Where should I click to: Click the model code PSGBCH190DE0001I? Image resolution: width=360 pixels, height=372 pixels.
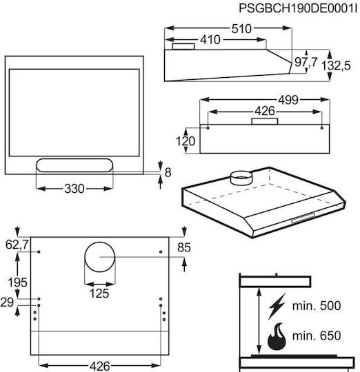point(298,8)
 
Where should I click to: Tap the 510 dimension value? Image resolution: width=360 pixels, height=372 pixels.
point(241,29)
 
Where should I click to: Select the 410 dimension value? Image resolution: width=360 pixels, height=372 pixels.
point(210,40)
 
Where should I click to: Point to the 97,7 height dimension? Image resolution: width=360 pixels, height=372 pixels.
point(306,62)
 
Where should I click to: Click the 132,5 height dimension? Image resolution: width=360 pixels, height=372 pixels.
point(336,65)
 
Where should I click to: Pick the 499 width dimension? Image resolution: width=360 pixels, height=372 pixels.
point(288,100)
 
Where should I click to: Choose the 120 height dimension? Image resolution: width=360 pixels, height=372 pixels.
point(186,141)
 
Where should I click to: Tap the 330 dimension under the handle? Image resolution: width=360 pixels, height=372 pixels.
point(74,189)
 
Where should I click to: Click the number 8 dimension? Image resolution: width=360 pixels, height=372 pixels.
point(168,172)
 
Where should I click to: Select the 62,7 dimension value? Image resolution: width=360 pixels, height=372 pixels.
point(17,245)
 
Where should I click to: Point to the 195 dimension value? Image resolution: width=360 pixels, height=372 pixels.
point(17,282)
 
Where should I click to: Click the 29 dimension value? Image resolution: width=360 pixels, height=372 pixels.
point(7,302)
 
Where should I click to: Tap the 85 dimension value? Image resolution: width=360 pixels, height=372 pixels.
point(184,248)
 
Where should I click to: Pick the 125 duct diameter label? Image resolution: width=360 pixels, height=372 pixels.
point(99,293)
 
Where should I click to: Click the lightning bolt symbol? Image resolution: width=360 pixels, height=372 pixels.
point(277,307)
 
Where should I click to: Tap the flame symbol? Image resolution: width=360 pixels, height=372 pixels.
point(277,336)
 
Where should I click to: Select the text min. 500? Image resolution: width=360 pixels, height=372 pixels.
point(317,306)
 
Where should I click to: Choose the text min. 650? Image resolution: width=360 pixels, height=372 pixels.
point(317,335)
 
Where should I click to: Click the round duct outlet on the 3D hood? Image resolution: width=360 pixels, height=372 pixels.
point(241,178)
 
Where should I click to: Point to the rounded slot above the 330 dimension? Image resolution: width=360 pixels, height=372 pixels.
point(74,165)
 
